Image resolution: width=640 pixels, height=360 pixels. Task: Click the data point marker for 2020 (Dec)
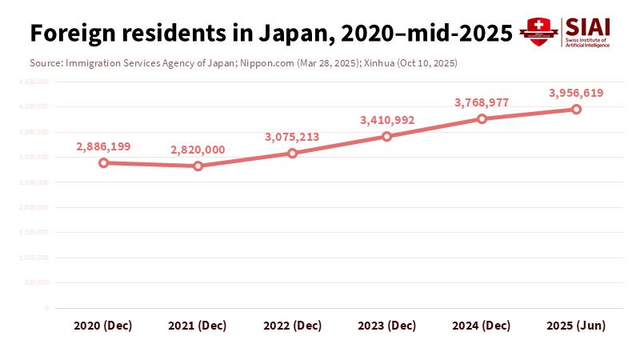click(103, 162)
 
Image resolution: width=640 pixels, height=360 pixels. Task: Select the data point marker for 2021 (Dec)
click(198, 166)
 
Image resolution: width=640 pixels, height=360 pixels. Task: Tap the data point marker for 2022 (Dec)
click(292, 153)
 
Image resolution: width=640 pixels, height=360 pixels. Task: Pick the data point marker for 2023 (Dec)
click(387, 136)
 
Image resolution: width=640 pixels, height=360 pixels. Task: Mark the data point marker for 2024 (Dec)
click(482, 118)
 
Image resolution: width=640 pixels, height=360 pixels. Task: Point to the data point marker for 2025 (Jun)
click(576, 109)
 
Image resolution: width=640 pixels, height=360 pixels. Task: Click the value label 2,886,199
click(103, 146)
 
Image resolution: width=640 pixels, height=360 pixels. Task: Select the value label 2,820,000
click(198, 150)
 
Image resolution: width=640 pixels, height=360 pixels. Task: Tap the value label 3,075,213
click(292, 137)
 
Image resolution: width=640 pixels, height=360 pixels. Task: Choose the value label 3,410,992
click(387, 120)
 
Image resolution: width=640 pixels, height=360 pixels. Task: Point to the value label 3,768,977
click(482, 102)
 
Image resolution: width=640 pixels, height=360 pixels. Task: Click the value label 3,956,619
click(576, 93)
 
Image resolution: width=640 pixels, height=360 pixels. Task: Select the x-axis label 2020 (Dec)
click(103, 326)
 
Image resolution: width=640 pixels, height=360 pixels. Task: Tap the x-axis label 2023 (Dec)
click(387, 326)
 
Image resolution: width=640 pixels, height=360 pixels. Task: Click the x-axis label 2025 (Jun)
click(576, 326)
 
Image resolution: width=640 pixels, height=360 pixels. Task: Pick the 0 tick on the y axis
click(46, 308)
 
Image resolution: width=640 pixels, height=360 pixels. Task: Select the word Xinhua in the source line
click(380, 62)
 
